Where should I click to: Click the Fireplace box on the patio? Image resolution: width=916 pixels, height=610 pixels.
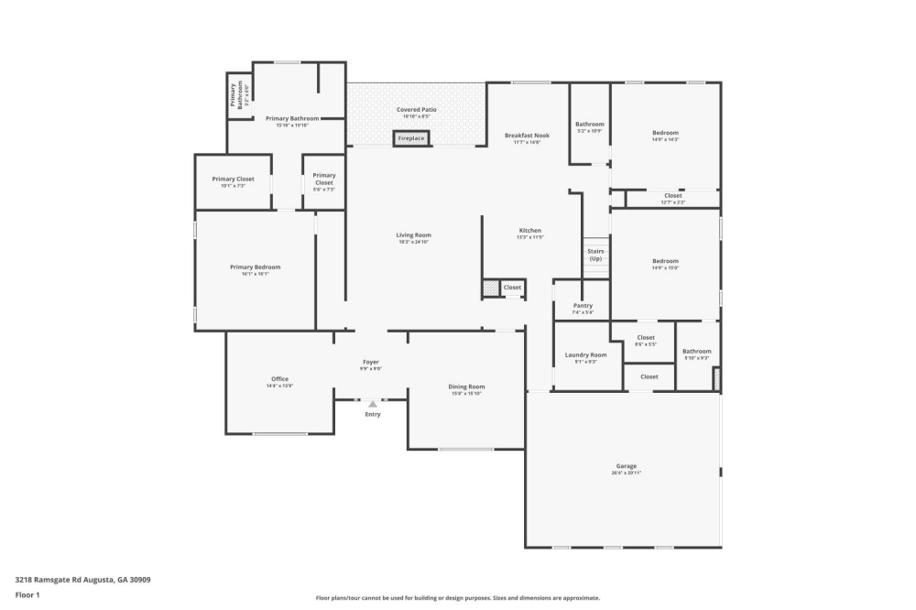click(411, 138)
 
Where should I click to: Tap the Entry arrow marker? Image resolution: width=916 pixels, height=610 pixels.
click(373, 403)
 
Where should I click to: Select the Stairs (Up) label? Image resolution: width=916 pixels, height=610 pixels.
click(595, 255)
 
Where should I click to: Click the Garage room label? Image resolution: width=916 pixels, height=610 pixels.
click(627, 466)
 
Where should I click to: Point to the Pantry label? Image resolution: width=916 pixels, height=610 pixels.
click(583, 306)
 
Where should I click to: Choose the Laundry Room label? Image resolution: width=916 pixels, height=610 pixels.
click(585, 354)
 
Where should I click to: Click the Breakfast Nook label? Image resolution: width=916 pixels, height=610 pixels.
click(522, 136)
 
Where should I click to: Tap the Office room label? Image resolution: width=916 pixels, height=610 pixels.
click(279, 379)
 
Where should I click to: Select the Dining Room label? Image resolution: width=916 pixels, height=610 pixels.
click(466, 387)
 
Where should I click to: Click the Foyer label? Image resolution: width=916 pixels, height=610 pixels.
click(370, 362)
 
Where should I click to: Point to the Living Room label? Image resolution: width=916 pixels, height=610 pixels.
click(414, 235)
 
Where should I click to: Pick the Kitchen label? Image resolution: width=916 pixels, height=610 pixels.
click(530, 231)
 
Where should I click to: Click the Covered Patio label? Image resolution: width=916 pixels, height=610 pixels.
click(416, 110)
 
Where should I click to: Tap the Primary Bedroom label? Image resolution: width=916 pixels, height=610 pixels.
click(255, 267)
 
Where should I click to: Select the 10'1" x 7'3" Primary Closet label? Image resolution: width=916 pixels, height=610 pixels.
click(233, 180)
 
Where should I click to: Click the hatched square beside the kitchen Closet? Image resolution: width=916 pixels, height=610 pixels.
click(491, 289)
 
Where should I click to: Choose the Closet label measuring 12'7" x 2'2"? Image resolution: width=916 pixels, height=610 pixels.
click(672, 196)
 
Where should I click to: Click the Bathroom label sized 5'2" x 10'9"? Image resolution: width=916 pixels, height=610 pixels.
click(590, 125)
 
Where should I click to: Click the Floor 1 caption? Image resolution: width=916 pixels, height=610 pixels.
click(27, 594)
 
